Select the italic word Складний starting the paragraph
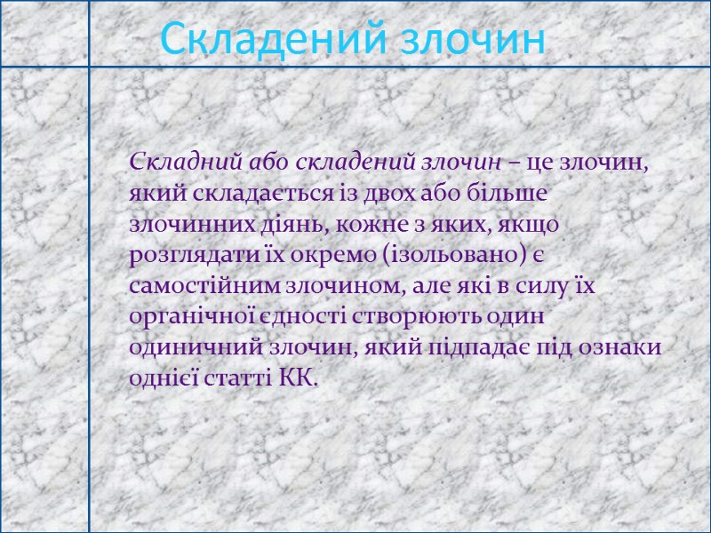(174, 163)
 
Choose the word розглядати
(185, 257)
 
